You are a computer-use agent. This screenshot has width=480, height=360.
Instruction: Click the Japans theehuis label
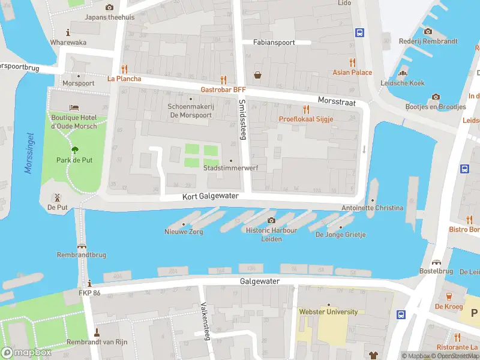pos(109,17)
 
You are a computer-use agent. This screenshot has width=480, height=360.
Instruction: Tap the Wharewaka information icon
pos(68,32)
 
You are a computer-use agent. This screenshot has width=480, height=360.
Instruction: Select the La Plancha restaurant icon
pos(124,68)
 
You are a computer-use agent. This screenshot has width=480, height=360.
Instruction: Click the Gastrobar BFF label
pos(223,89)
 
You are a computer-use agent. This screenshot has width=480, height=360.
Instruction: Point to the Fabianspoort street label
pos(273,43)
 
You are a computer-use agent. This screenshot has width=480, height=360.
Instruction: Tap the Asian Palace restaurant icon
pos(352,62)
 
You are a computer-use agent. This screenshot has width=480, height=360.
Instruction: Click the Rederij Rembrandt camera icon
pos(428,31)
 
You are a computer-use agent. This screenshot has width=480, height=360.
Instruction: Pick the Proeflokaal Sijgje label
pos(305,119)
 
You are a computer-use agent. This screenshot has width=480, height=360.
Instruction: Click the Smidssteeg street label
pos(242,120)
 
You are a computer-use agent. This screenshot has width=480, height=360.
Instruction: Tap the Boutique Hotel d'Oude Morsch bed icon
pos(74,107)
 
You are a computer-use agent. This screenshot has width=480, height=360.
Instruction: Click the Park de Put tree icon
pos(74,150)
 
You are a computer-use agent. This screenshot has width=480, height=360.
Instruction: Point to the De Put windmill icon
pos(58,197)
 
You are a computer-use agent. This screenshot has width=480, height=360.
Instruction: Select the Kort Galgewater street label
pos(211,196)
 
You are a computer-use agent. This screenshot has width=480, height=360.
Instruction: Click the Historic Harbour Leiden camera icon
pos(271,220)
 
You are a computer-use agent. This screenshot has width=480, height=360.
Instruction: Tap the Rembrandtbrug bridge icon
pos(81,245)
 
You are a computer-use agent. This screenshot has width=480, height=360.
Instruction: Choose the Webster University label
pos(328,311)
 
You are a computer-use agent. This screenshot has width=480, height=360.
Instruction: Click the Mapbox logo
pos(26,353)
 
